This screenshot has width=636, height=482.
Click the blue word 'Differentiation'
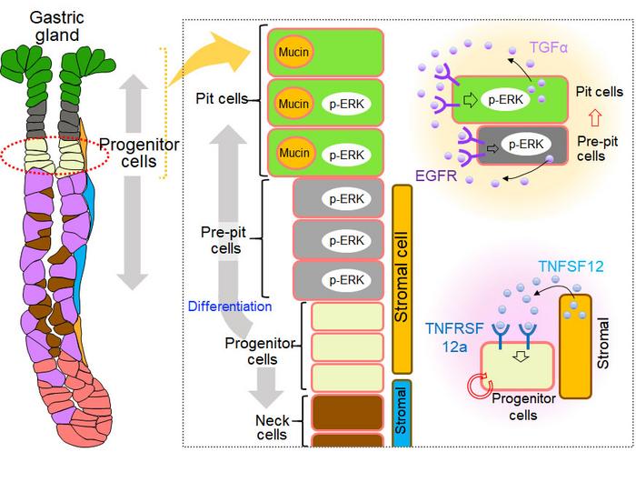230,306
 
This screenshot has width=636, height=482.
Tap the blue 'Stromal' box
403,414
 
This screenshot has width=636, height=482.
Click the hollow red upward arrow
596,115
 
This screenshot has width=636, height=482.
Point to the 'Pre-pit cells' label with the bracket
222,241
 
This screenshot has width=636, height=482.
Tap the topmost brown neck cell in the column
347,412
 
